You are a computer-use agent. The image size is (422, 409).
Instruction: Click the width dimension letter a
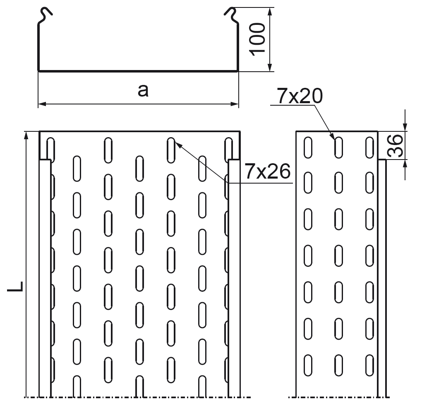[143, 90]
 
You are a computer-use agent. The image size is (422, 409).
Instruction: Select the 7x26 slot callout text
[267, 171]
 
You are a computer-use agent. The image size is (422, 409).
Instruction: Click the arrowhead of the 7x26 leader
[178, 143]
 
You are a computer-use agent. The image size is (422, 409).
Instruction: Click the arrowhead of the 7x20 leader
[333, 136]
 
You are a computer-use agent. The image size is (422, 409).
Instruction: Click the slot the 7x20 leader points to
[339, 147]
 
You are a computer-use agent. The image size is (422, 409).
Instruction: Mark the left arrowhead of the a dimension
[41, 103]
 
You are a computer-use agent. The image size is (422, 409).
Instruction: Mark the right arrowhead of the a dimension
[236, 103]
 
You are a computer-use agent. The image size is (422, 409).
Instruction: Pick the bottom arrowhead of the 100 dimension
[270, 68]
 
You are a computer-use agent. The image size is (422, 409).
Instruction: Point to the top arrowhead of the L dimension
[26, 135]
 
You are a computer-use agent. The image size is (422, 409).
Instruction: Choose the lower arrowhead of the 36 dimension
[405, 164]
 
